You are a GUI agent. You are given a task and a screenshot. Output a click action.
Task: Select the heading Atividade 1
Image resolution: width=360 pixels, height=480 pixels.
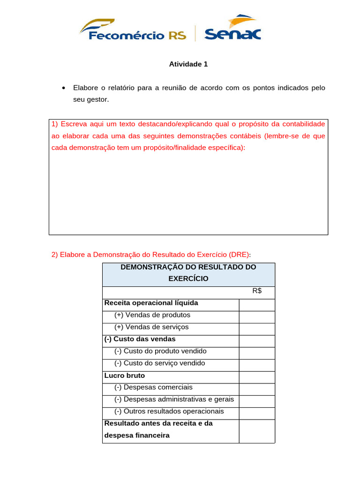coord(188,64)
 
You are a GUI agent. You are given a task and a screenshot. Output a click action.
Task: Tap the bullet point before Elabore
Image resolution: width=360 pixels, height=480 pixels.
coord(63,88)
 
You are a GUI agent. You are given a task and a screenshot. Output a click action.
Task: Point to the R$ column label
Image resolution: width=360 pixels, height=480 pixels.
coord(257,291)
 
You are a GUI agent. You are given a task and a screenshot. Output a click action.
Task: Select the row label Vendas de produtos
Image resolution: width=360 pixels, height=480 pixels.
coord(152,315)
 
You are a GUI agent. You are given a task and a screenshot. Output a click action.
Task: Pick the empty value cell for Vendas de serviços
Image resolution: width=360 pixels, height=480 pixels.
coord(256,327)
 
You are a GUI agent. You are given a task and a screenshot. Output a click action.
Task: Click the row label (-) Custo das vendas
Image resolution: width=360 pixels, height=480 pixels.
coord(140,339)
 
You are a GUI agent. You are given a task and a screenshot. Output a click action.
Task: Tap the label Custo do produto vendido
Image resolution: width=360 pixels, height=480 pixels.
coord(160,351)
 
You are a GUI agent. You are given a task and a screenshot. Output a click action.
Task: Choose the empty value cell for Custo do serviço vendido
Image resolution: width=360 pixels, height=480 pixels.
coord(256,363)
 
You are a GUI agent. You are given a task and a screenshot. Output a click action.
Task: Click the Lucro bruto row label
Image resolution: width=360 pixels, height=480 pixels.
coord(124,375)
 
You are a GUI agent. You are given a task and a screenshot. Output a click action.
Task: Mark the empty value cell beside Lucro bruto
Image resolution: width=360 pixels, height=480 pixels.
coord(256,375)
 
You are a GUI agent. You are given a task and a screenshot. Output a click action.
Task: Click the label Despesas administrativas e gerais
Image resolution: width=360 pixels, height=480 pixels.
coord(174,399)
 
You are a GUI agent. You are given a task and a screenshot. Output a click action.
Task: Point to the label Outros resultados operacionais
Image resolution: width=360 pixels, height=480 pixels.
coord(169,412)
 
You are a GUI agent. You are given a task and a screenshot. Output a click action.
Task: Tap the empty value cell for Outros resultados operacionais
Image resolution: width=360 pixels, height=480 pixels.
coord(256,412)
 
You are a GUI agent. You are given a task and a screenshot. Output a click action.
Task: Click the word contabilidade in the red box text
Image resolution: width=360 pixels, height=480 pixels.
coord(300,124)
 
